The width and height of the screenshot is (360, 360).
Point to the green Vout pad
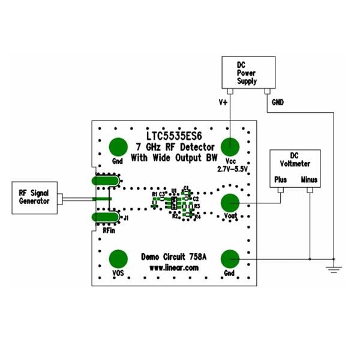[x=229, y=204]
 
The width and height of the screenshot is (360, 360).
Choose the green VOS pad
[x=118, y=259]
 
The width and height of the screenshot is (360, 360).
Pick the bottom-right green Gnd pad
[x=229, y=259]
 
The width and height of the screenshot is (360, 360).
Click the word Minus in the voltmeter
[x=310, y=179]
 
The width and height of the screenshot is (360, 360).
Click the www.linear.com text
[x=173, y=268]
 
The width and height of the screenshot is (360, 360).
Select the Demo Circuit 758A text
[x=173, y=256]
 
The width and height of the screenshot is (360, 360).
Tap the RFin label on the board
[x=109, y=229]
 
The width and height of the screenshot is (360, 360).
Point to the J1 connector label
[x=125, y=217]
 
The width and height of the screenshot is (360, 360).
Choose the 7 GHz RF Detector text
[x=174, y=148]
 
